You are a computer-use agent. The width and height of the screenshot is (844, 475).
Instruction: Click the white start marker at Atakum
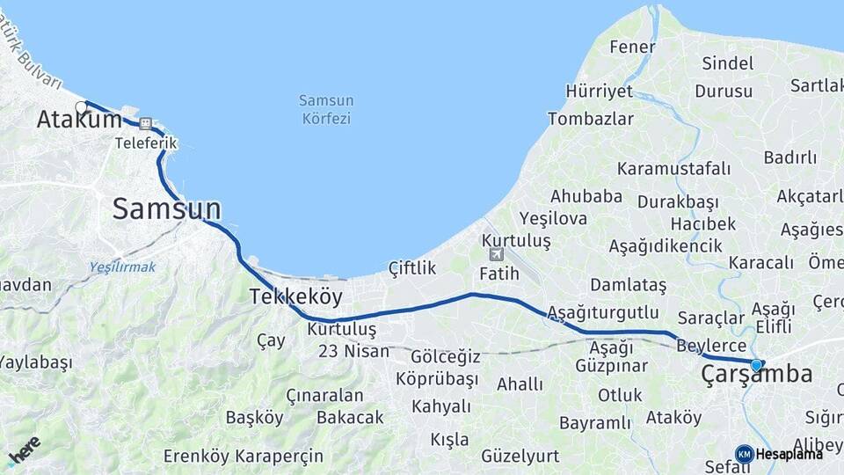[x=82, y=107]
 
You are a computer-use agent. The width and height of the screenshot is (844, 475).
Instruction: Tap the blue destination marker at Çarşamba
[x=756, y=364]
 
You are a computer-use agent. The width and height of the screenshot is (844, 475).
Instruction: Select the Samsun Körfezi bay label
[x=326, y=109]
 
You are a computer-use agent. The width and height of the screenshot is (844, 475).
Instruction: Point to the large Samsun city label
[x=167, y=209]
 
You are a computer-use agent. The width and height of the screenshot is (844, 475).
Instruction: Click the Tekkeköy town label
[x=295, y=296]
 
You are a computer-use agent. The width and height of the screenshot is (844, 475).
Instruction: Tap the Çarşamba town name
[x=756, y=375]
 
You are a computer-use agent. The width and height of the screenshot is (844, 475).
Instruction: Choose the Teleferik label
[x=146, y=142]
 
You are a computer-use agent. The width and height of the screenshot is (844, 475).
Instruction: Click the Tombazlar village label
[x=591, y=119]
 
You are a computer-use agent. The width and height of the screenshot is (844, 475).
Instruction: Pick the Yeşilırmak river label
[x=122, y=267]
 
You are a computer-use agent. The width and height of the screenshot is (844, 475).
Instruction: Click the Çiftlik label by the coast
[x=412, y=268]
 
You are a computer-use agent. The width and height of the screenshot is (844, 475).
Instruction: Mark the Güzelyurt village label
[x=520, y=456]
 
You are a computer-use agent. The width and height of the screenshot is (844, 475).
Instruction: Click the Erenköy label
[x=201, y=457]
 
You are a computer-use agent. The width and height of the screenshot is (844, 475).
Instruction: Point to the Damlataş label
[x=628, y=285]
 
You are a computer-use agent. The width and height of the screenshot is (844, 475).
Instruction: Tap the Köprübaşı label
[x=437, y=379]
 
